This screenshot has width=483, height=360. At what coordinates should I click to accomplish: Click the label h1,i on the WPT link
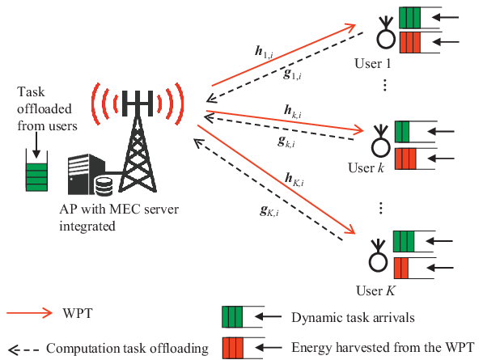pos(264,52)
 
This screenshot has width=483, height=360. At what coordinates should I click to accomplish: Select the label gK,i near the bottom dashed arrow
pos(269,210)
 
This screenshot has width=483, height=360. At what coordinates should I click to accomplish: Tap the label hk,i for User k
pos(292,112)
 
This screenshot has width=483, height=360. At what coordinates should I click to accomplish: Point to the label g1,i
pos(292,74)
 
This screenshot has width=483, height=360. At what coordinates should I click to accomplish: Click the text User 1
pos(373,64)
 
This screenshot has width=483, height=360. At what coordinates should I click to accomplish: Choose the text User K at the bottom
pos(375,290)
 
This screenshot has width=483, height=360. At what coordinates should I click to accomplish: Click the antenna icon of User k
pos(381,141)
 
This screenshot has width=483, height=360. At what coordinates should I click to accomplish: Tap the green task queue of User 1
pos(409,17)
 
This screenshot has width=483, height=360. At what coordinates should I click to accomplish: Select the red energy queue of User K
pos(401,268)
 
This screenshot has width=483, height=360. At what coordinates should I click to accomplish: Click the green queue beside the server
pos(36,177)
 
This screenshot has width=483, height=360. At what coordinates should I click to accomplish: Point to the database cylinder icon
pos(104,186)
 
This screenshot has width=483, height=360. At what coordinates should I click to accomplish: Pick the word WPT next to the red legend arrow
pos(78,313)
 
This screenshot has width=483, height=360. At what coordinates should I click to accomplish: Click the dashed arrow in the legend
pos(23,349)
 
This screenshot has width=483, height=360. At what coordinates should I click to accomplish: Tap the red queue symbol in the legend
pos(232,348)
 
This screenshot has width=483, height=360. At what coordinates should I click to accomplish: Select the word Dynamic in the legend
pos(311,318)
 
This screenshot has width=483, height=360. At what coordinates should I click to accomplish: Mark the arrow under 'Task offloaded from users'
pos(36,145)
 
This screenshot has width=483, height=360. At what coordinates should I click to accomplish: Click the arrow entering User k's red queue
pos(441,159)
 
